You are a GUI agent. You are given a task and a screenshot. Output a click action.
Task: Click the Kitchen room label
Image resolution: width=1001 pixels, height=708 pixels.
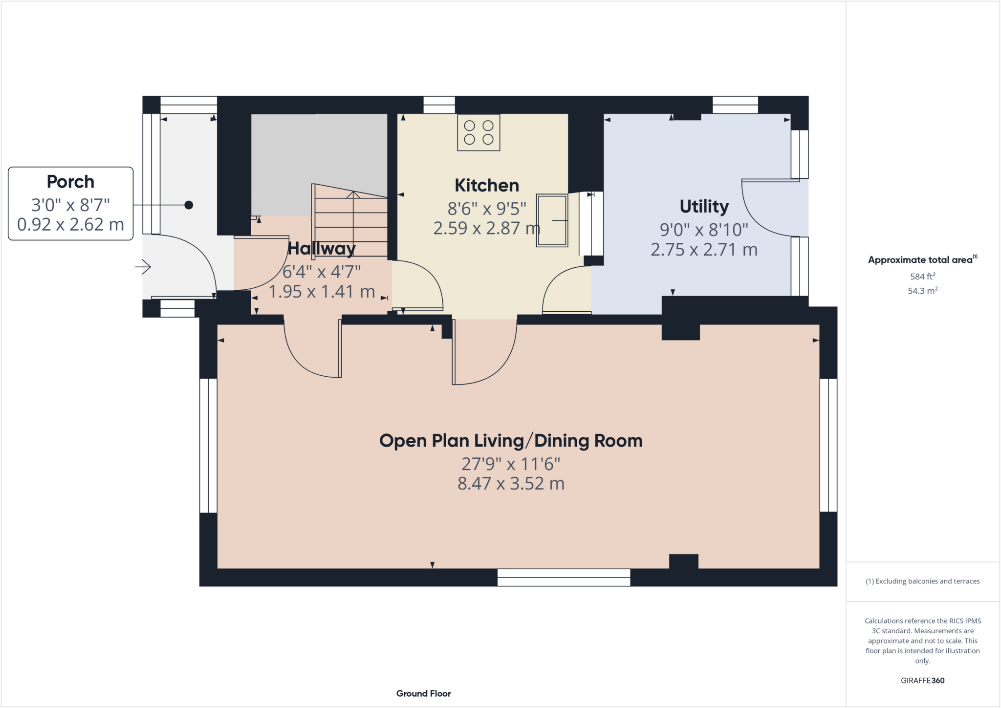pyautogui.click(x=486, y=186)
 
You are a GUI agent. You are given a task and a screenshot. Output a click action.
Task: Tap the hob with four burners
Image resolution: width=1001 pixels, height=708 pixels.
pyautogui.click(x=479, y=132)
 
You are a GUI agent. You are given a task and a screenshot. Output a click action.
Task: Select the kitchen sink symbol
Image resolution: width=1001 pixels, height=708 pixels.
pyautogui.click(x=552, y=220)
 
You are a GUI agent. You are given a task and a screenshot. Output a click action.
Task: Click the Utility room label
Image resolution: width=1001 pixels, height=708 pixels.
pyautogui.click(x=704, y=207)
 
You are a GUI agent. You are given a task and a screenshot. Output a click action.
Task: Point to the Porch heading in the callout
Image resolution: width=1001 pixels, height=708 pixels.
pyautogui.click(x=70, y=182)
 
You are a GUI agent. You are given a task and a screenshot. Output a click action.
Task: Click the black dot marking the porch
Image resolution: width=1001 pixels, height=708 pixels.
pyautogui.click(x=189, y=205)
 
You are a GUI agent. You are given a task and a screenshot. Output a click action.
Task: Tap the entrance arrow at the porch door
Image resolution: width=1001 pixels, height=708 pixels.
pyautogui.click(x=143, y=267)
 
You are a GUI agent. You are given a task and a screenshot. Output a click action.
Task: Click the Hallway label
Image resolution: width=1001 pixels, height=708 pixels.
pyautogui.click(x=321, y=249)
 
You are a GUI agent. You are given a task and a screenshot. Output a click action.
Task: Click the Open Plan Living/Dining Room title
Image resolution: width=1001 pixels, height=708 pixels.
pyautogui.click(x=511, y=441)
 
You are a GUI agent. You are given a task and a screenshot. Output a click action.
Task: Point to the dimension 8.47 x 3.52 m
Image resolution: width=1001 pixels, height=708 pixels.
pyautogui.click(x=511, y=484)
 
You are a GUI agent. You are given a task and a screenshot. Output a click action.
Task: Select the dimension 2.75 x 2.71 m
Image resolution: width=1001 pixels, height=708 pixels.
pyautogui.click(x=704, y=250)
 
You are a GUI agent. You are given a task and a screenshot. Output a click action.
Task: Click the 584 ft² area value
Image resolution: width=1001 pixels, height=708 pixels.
pyautogui.click(x=922, y=277)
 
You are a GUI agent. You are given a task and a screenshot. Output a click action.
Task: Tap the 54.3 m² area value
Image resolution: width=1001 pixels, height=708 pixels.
pyautogui.click(x=922, y=291)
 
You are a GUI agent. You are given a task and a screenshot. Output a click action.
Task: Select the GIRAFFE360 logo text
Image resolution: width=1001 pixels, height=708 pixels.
pyautogui.click(x=922, y=680)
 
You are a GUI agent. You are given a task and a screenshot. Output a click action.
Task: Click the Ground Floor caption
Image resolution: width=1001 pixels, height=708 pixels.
pyautogui.click(x=423, y=693)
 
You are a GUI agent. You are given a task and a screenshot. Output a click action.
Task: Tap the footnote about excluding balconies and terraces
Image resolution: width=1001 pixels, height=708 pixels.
pyautogui.click(x=922, y=581)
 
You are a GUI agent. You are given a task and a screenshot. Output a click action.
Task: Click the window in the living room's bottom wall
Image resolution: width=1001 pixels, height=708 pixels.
pyautogui.click(x=564, y=578)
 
